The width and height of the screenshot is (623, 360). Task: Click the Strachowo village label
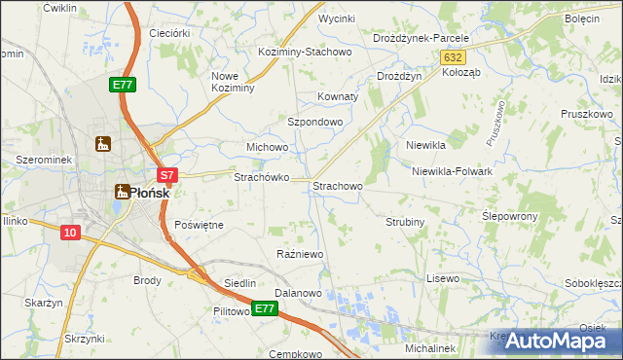(338, 185)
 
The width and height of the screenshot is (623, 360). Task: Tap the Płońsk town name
(150, 192)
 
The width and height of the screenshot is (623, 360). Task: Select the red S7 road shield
(167, 176)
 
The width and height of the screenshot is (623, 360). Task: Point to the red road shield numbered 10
(69, 232)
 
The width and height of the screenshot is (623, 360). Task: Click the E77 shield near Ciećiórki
(123, 86)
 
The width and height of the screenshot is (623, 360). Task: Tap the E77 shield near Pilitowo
(265, 308)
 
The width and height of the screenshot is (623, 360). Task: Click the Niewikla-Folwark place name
(453, 171)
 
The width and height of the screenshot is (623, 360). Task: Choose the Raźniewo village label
(300, 254)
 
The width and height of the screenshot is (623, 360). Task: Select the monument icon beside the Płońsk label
(122, 192)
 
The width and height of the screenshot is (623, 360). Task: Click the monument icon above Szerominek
(103, 145)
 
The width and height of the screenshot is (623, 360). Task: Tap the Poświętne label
(199, 225)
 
